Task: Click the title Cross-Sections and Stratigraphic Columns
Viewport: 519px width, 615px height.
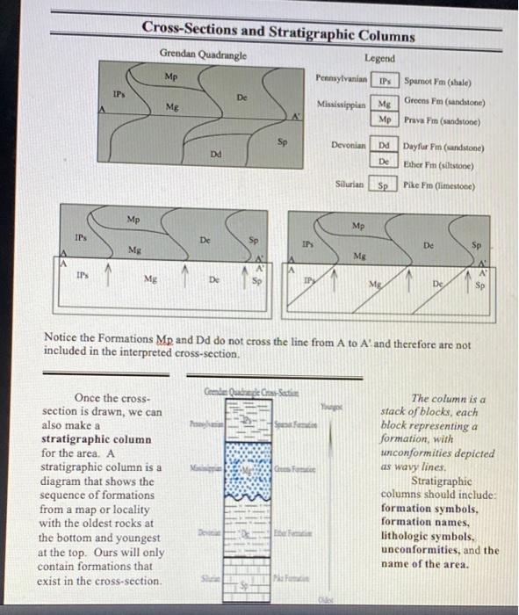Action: tap(278, 33)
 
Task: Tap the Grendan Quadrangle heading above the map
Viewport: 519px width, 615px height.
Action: tap(203, 54)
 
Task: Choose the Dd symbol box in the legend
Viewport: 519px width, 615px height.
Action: tap(384, 144)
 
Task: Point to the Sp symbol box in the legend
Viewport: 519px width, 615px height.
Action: tap(383, 185)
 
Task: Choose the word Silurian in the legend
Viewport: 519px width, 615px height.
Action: tap(350, 185)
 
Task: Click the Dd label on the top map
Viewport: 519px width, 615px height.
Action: tap(215, 154)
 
